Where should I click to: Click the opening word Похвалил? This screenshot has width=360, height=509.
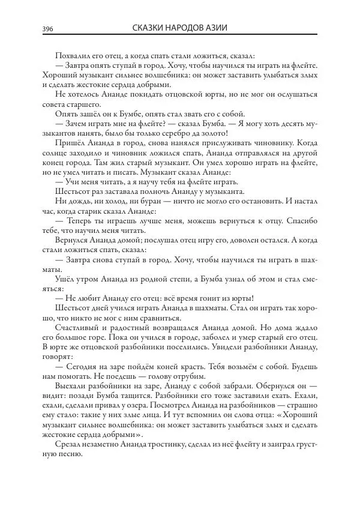click(73, 55)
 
